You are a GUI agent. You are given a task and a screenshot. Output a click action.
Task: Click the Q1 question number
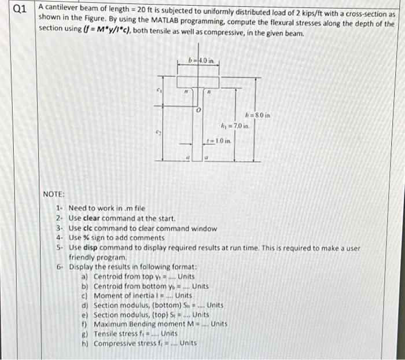point(19,9)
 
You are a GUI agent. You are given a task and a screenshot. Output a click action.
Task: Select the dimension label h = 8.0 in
point(258,115)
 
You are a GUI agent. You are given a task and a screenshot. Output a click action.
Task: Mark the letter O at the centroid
point(198,109)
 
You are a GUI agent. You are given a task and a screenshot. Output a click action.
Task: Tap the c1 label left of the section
point(157,90)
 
